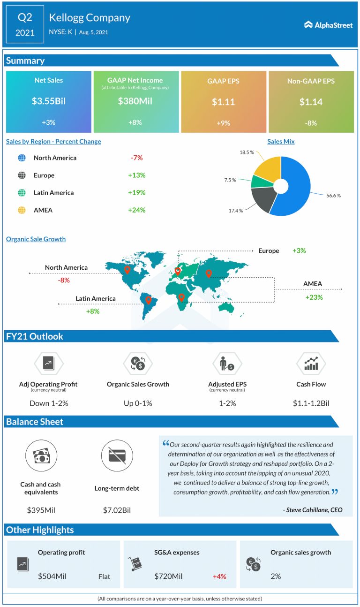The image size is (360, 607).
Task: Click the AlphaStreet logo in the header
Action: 328,25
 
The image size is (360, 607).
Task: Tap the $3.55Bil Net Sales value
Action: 48,101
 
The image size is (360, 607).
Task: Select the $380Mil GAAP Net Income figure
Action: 136,101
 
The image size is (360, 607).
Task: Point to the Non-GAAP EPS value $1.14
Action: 310,101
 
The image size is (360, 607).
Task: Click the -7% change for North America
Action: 136,158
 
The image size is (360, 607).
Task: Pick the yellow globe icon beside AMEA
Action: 22,210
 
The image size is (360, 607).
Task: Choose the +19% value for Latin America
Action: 136,192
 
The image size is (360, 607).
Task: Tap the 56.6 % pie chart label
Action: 333,195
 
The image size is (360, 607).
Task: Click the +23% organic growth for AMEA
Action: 314,297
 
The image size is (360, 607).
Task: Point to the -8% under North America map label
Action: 64,280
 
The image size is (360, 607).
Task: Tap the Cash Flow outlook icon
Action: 311,364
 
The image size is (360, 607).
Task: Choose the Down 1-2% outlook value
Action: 45,403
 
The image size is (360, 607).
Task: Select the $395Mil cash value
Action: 40,510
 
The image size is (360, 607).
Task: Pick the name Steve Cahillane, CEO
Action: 313,510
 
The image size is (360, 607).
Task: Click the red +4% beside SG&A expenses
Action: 219,576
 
